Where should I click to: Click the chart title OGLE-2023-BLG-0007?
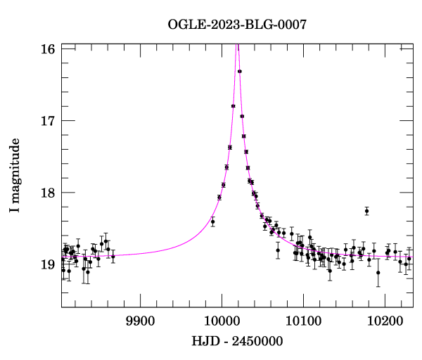pos(237,25)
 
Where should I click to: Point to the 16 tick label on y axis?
pos(49,49)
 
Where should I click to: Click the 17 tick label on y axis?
pos(49,121)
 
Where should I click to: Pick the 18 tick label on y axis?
pos(49,193)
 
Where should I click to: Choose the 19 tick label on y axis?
pos(49,264)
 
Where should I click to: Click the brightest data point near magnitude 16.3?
pos(240,71)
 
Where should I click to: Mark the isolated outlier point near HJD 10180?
pos(366,211)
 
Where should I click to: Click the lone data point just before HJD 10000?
pos(212,221)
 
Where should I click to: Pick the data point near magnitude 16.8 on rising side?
pos(233,106)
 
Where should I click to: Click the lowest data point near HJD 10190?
pos(378,273)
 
